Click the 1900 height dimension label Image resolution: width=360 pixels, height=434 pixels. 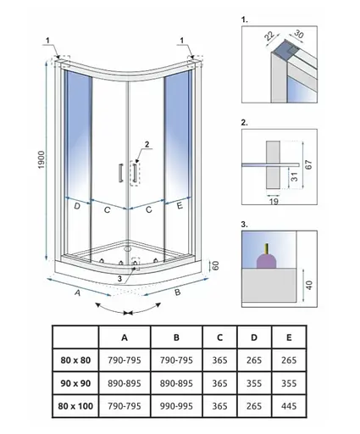click(42, 160)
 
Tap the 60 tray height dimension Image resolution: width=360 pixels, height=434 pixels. click(215, 265)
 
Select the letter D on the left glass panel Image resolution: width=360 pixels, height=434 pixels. click(77, 206)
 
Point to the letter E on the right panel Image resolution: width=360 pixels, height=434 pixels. click(180, 206)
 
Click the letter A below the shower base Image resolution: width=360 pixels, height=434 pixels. click(77, 292)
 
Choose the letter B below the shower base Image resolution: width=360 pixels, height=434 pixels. click(177, 292)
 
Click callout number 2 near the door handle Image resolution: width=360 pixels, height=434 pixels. click(147, 144)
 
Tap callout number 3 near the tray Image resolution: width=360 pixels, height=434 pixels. click(119, 279)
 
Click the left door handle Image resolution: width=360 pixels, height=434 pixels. click(121, 172)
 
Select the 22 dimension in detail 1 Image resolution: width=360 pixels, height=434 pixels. click(269, 36)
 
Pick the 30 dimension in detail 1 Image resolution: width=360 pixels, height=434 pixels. click(298, 34)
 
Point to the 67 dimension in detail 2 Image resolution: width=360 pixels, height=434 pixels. click(309, 164)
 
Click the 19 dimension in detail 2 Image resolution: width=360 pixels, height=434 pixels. click(274, 201)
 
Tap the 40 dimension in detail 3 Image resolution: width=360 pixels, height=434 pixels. click(310, 285)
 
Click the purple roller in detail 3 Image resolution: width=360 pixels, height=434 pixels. click(266, 260)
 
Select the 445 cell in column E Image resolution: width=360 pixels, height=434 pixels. click(289, 406)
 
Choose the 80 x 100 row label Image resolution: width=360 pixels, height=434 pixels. click(75, 406)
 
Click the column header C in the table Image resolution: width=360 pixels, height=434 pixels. click(219, 337)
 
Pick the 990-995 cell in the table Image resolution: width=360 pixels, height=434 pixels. click(176, 406)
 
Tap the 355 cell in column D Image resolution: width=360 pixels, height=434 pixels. click(254, 383)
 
